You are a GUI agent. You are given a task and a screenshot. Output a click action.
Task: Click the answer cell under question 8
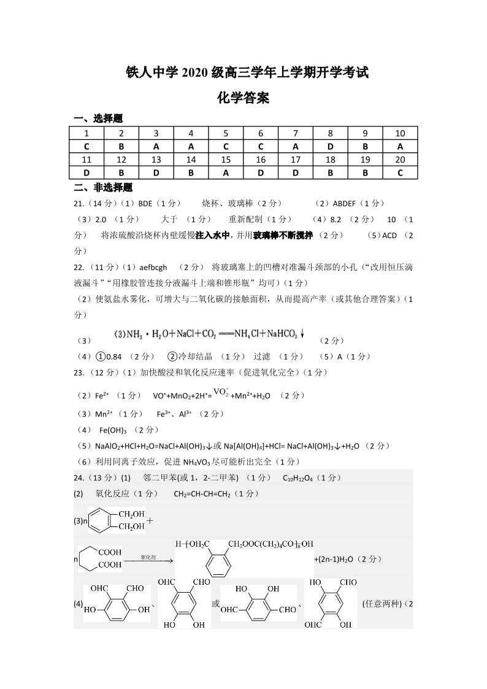pyautogui.click(x=330, y=147)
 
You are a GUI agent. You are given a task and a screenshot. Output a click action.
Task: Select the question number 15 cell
pyautogui.click(x=226, y=160)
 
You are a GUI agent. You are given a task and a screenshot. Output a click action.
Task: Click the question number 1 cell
pyautogui.click(x=86, y=134)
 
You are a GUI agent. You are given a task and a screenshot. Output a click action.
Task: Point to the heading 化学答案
pyautogui.click(x=243, y=97)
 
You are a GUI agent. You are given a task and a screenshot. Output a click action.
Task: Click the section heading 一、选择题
pyautogui.click(x=98, y=118)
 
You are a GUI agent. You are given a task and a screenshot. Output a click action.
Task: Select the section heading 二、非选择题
pyautogui.click(x=103, y=187)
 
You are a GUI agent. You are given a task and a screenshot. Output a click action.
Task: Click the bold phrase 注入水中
pyautogui.click(x=212, y=235)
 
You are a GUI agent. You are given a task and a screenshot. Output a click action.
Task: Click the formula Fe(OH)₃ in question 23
pyautogui.click(x=113, y=430)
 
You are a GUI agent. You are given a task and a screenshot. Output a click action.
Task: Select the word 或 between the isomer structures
pyautogui.click(x=215, y=604)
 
